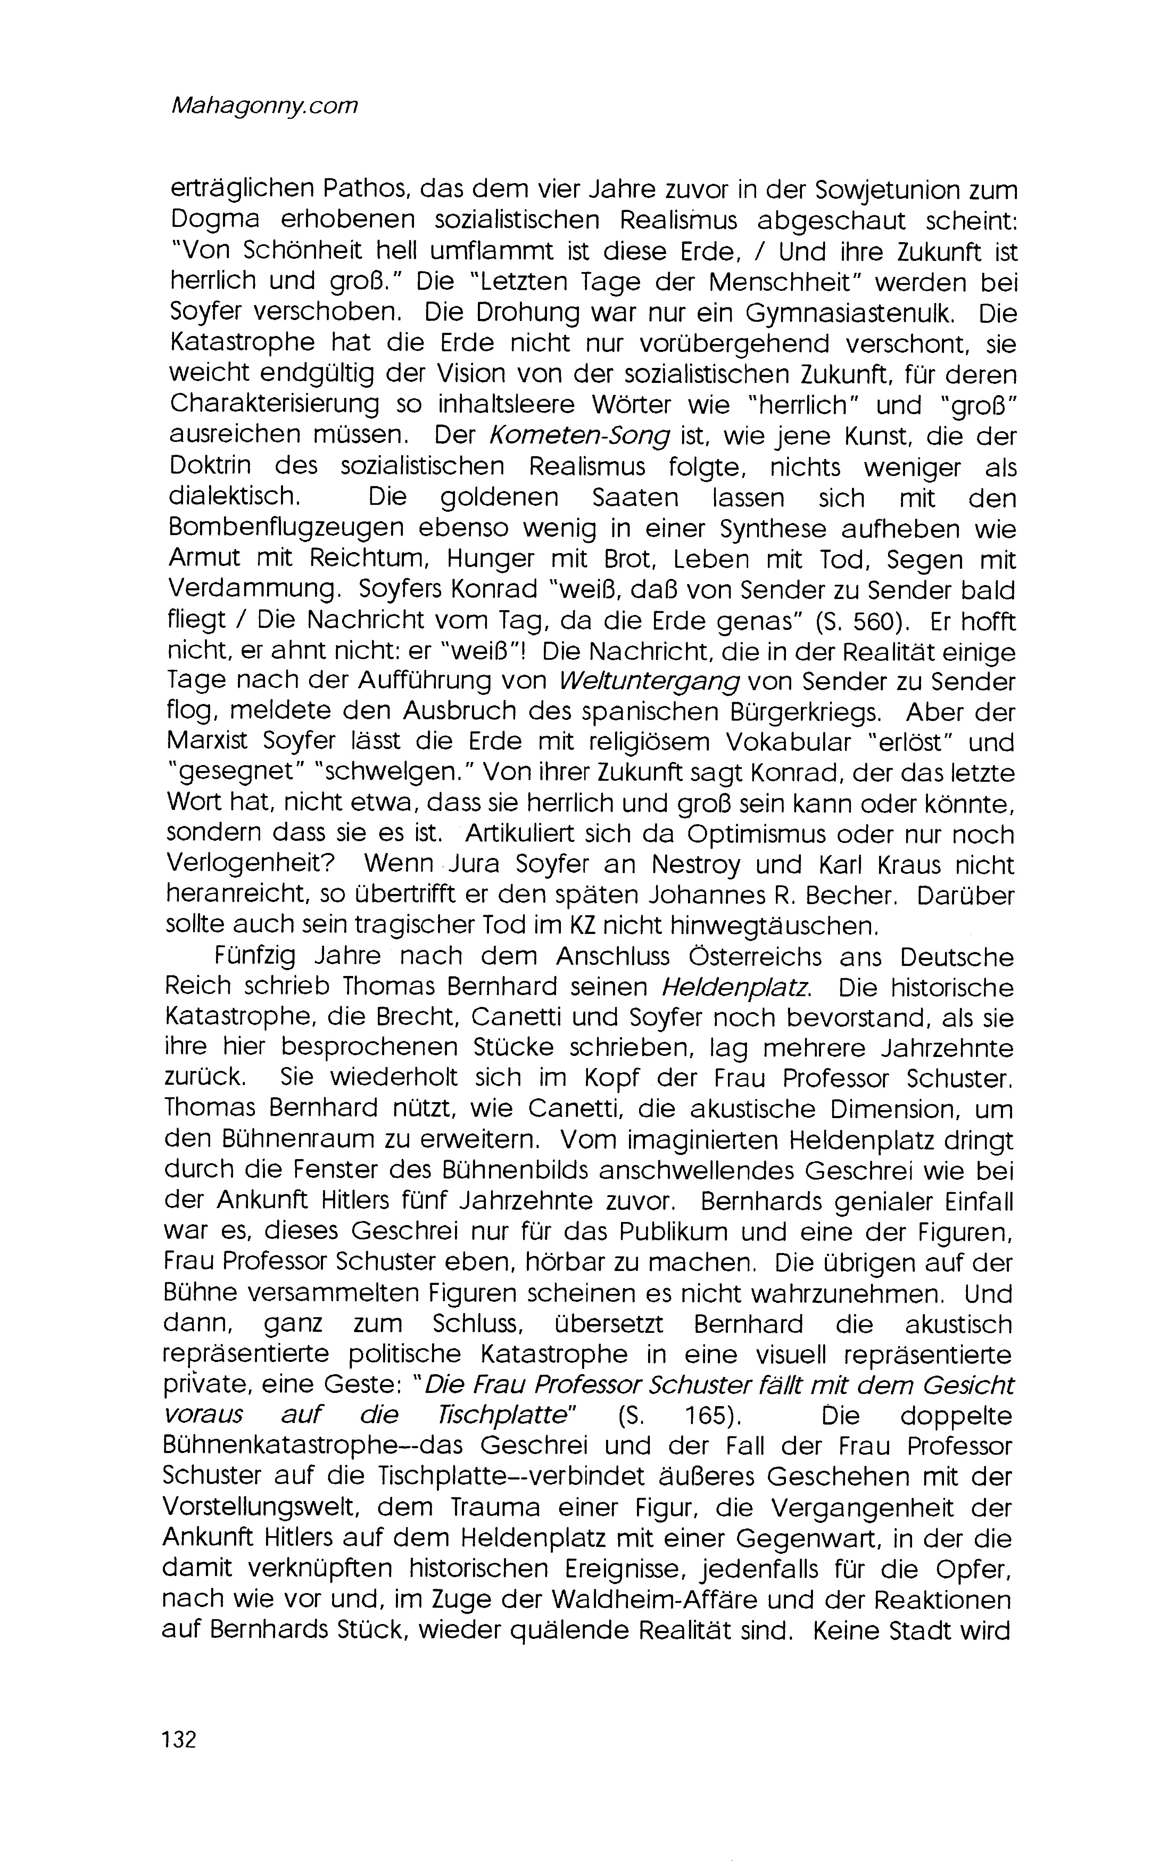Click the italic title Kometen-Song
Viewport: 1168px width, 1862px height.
[x=579, y=436]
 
